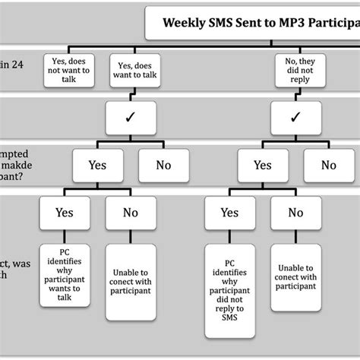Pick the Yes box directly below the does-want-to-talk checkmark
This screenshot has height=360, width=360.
[x=97, y=165]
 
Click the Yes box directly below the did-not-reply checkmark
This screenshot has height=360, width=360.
[x=262, y=165]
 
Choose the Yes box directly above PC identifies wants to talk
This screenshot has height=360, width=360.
[x=65, y=213]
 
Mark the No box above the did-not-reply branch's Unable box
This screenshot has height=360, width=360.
[x=296, y=213]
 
